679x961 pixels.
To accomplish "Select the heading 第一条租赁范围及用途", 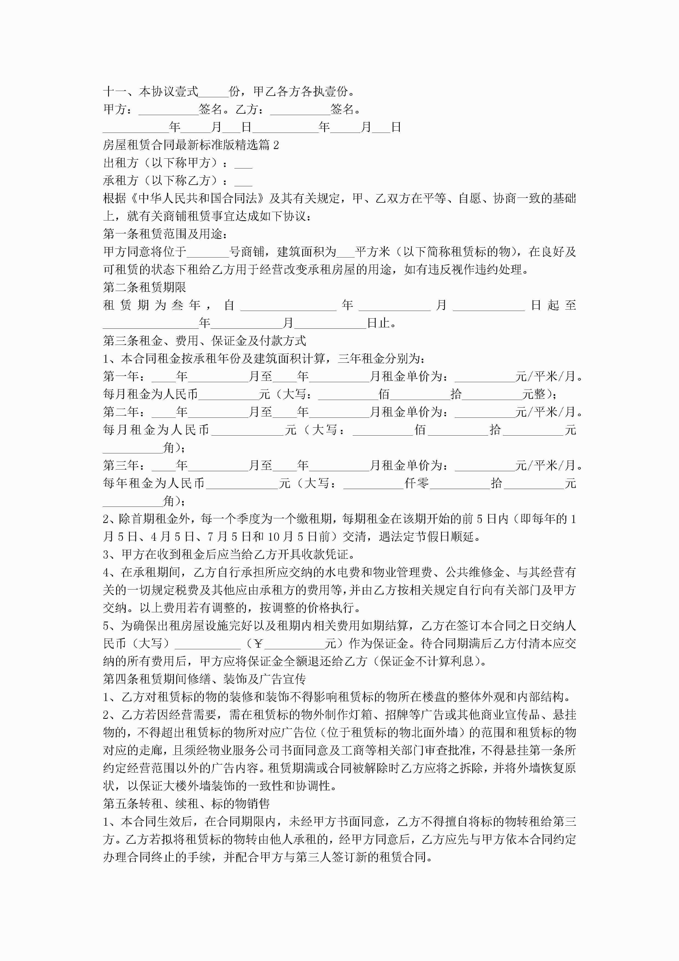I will pos(165,234).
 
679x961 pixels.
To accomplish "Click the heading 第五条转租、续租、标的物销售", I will pos(186,804).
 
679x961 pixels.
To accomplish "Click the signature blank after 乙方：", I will pos(300,110).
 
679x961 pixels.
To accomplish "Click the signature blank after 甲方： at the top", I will pos(168,110).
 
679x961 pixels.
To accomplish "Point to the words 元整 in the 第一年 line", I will pos(534,394).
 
